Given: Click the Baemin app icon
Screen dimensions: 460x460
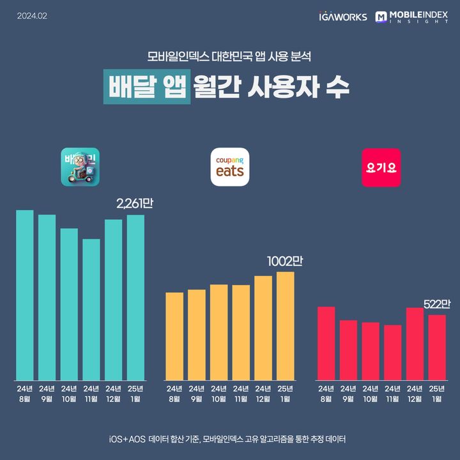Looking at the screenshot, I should pyautogui.click(x=80, y=167).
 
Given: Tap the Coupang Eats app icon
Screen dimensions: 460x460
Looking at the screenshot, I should pyautogui.click(x=229, y=167).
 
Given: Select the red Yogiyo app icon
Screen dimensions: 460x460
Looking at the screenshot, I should pyautogui.click(x=381, y=167).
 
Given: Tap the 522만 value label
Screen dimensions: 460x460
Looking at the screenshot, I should pyautogui.click(x=437, y=304).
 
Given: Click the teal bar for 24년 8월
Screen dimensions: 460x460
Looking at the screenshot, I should pyautogui.click(x=25, y=294).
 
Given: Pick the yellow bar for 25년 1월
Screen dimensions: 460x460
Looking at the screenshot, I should pyautogui.click(x=285, y=325).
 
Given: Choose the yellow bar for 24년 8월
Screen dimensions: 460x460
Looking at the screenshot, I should pyautogui.click(x=174, y=335).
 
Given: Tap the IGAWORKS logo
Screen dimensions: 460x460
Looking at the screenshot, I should pyautogui.click(x=342, y=17).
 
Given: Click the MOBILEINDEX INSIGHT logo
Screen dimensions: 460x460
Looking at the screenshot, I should pyautogui.click(x=411, y=17).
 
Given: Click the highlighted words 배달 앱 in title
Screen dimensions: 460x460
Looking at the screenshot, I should pyautogui.click(x=147, y=88).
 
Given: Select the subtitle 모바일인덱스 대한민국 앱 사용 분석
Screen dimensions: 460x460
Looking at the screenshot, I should pyautogui.click(x=229, y=56).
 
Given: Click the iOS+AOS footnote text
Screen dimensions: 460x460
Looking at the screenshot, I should pyautogui.click(x=229, y=440).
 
